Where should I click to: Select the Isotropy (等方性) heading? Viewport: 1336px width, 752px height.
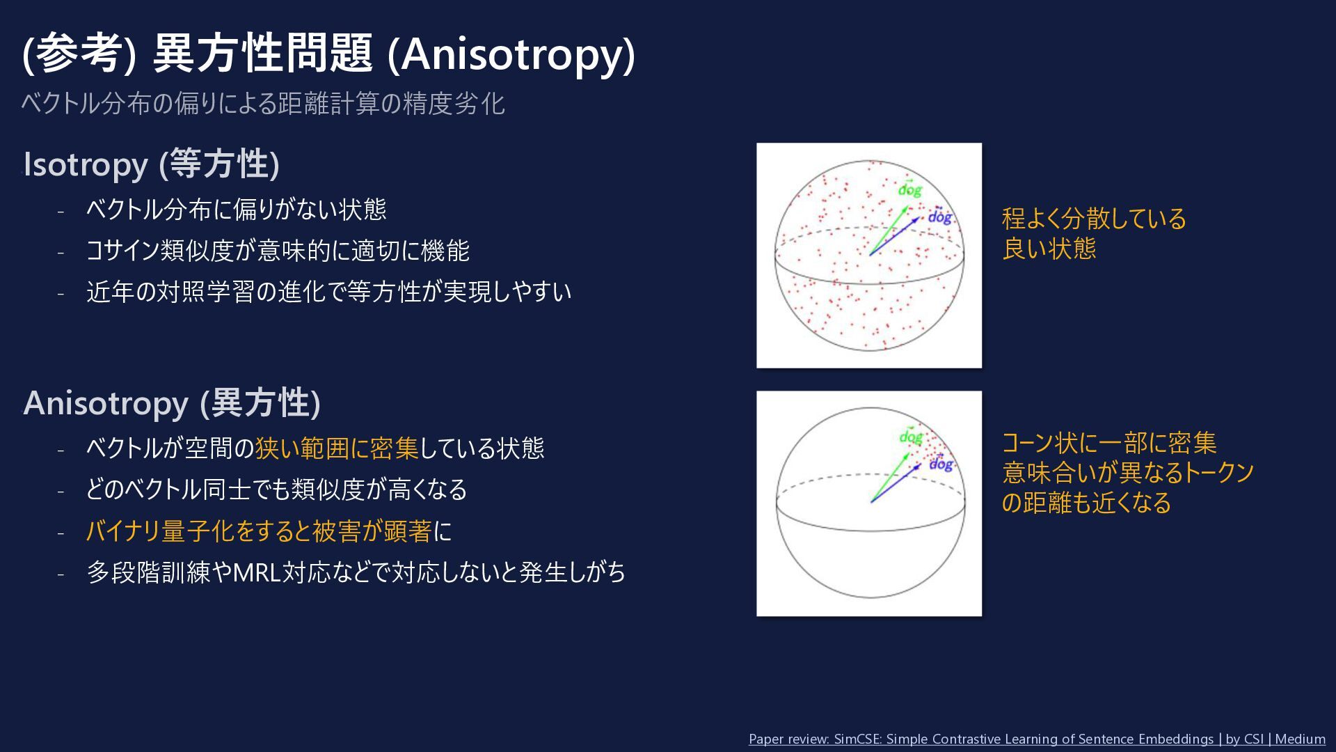152,164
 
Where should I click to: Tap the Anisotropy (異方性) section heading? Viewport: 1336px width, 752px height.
172,403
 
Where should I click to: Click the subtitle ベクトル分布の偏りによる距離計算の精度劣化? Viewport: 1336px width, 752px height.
263,103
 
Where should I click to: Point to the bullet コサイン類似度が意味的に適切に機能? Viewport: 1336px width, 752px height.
278,251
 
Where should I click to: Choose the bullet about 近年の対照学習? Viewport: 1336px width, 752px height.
329,292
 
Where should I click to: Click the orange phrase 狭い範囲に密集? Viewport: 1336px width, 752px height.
337,448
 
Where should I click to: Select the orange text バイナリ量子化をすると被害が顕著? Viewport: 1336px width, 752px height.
259,531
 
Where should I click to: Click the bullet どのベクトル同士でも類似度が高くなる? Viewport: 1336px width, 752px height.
276,489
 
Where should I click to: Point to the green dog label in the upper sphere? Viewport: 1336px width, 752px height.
909,189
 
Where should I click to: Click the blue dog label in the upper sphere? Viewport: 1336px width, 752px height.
939,216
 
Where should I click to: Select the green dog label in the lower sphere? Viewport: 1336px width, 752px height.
910,437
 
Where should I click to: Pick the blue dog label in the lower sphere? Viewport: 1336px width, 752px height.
941,463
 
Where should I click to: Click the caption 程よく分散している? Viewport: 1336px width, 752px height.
1094,219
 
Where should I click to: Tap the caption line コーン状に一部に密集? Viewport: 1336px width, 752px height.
1109,444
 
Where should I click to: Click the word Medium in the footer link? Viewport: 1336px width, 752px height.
1301,739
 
